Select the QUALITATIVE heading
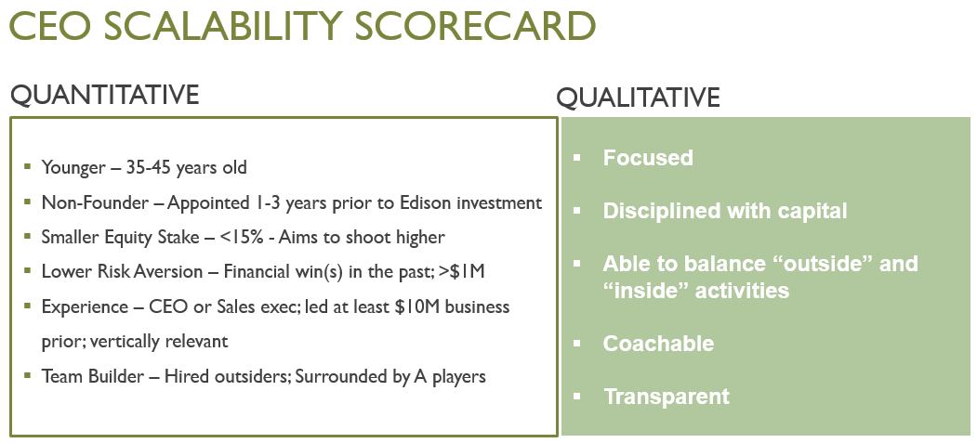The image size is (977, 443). pyautogui.click(x=638, y=98)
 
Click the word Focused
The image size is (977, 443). pyautogui.click(x=648, y=158)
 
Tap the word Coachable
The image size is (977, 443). pyautogui.click(x=658, y=344)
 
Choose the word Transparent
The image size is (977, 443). pyautogui.click(x=666, y=397)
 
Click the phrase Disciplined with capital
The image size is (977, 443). pyautogui.click(x=725, y=211)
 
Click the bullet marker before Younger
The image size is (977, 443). pyautogui.click(x=28, y=169)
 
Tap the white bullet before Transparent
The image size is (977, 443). pyautogui.click(x=577, y=397)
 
